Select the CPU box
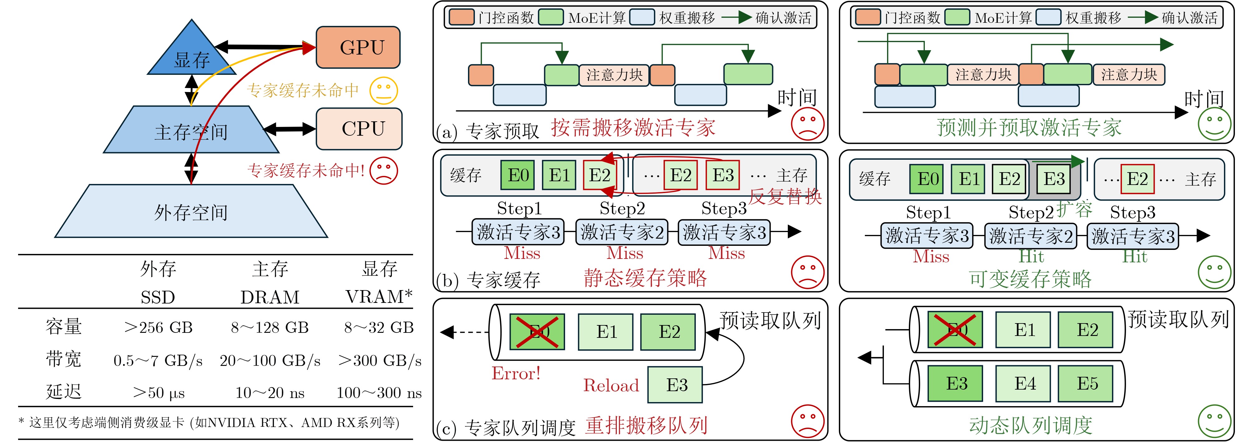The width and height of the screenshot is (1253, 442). click(x=359, y=129)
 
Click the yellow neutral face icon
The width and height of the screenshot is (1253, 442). click(x=383, y=90)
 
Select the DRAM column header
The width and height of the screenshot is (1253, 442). click(x=270, y=297)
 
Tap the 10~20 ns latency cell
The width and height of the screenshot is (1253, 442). click(x=270, y=392)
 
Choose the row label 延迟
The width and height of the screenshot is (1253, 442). click(x=63, y=391)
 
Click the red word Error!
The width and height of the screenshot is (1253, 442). click(x=516, y=373)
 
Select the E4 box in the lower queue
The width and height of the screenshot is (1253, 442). click(x=1024, y=384)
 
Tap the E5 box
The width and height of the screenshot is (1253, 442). click(x=1087, y=384)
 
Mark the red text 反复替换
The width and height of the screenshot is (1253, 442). click(x=785, y=197)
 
